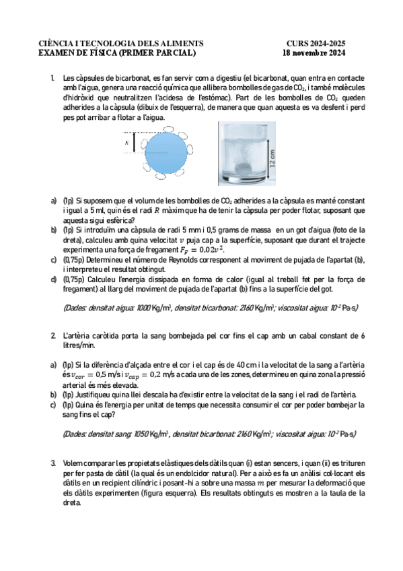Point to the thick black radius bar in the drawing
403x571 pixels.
135,143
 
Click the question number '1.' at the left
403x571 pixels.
53,79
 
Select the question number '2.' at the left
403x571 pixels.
53,335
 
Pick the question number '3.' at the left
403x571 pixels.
53,464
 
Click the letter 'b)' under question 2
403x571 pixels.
54,395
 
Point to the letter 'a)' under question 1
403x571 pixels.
54,201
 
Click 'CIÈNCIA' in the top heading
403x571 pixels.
57,44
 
